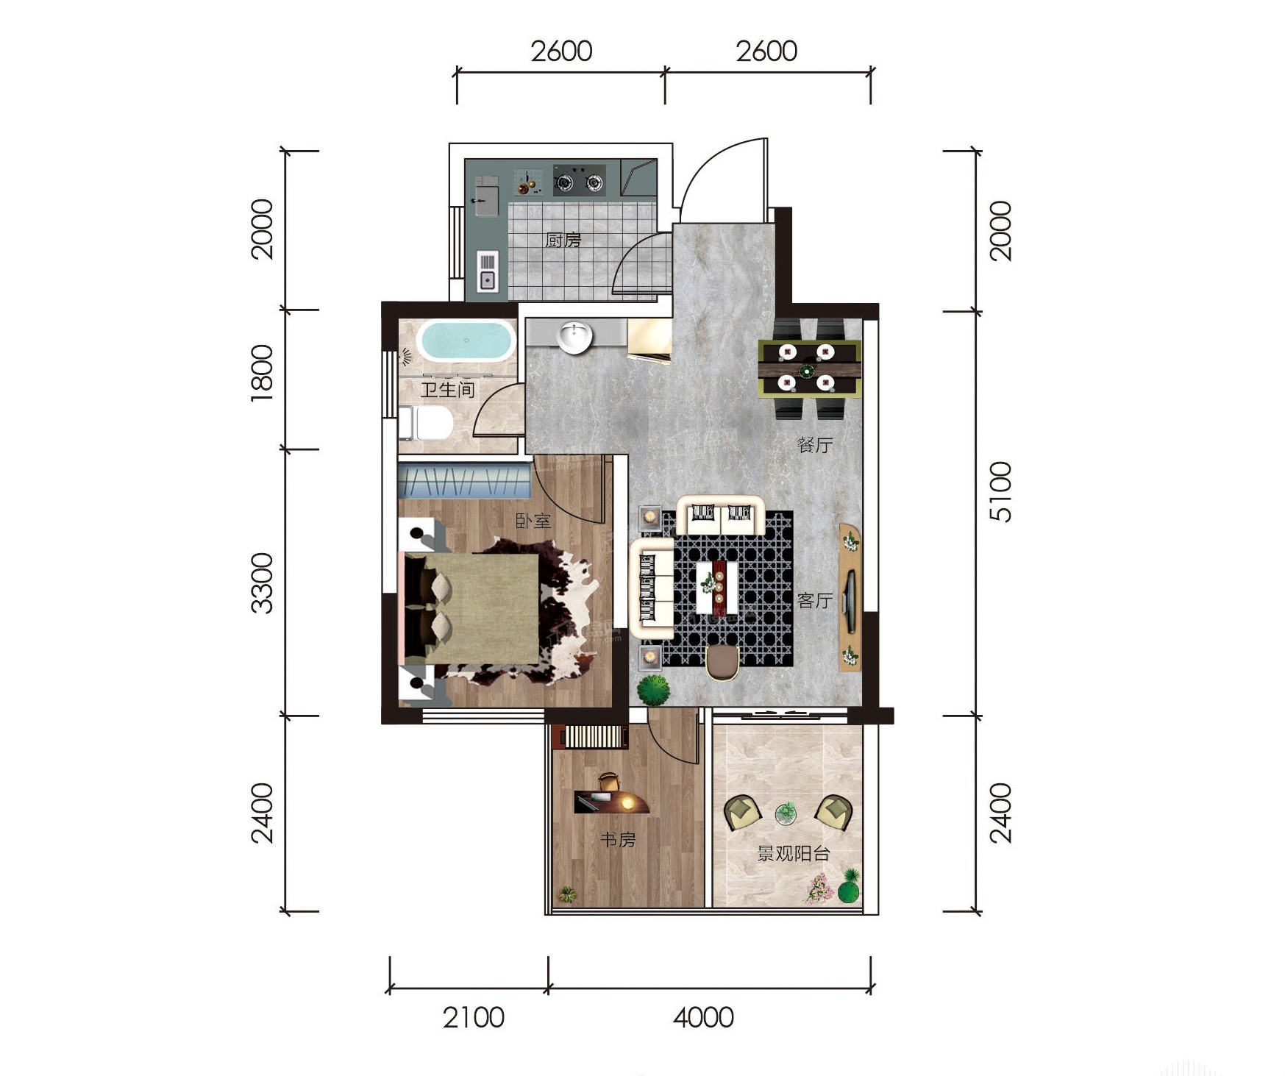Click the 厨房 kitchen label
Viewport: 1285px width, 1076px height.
click(x=563, y=240)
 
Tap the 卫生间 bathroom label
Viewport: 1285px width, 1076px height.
click(x=447, y=389)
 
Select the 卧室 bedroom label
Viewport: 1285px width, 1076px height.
click(x=533, y=521)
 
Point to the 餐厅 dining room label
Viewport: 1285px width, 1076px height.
click(x=815, y=445)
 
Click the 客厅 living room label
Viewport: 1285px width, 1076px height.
click(x=815, y=600)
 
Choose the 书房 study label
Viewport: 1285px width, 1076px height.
click(x=618, y=839)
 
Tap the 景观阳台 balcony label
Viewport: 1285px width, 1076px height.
click(x=794, y=854)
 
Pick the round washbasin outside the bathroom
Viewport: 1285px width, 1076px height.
click(x=574, y=338)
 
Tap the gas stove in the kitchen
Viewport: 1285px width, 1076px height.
click(x=580, y=180)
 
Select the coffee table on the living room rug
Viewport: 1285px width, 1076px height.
click(x=718, y=587)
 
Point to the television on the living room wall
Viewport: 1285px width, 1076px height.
click(x=850, y=600)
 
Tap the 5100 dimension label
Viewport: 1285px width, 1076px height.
click(x=1001, y=492)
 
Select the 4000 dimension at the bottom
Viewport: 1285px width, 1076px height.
click(x=704, y=1018)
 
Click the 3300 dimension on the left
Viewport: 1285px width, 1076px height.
click(x=262, y=584)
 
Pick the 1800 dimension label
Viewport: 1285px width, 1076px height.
click(x=262, y=373)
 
